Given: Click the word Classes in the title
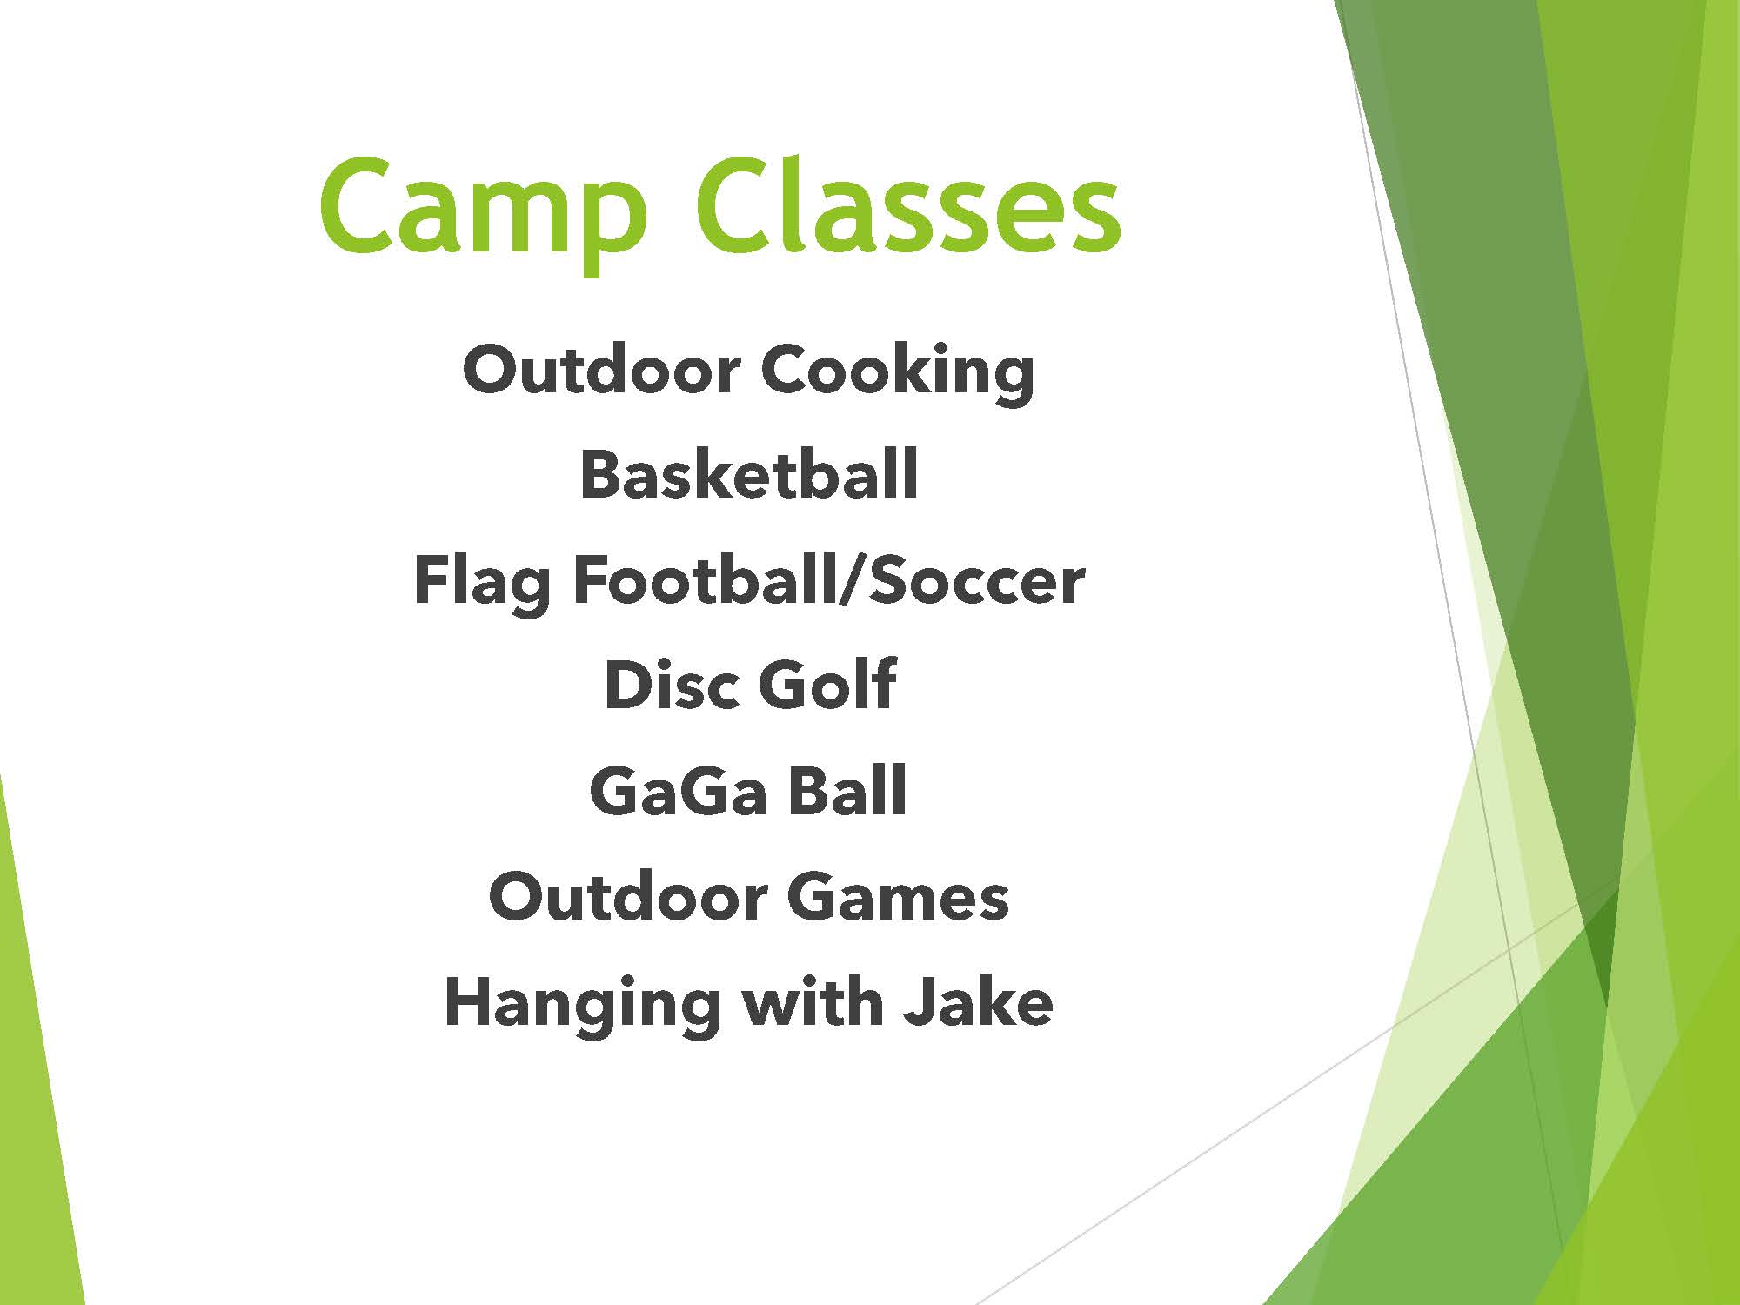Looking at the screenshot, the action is pyautogui.click(x=908, y=206).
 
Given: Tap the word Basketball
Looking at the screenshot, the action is pyautogui.click(x=749, y=474).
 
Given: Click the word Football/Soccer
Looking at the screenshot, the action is pyautogui.click(x=829, y=580).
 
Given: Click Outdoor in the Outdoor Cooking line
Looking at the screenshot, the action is pyautogui.click(x=601, y=370).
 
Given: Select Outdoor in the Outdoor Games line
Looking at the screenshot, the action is pyautogui.click(x=628, y=896).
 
